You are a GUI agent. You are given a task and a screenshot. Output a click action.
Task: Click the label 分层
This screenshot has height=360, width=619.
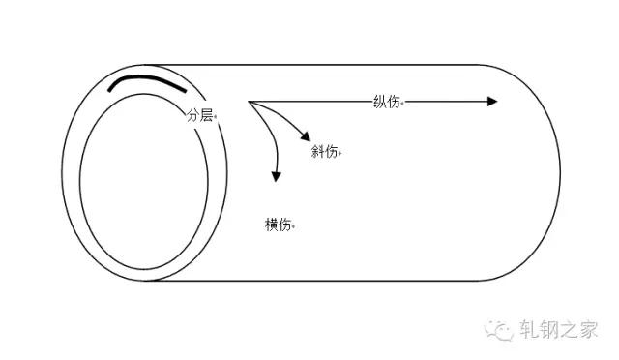tap(199, 115)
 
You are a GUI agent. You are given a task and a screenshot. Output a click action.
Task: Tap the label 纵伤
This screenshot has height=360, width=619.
tap(387, 102)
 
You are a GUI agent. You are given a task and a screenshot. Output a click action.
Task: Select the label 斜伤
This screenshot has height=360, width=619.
tap(324, 151)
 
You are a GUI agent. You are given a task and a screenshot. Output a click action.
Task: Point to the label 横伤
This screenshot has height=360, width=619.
tap(279, 225)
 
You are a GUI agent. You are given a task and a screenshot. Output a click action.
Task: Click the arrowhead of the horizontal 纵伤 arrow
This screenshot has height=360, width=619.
tap(492, 102)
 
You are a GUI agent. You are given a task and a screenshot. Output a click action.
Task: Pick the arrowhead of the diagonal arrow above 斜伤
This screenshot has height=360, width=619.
tap(306, 136)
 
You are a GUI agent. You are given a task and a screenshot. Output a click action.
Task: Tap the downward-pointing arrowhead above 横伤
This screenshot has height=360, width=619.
tap(276, 177)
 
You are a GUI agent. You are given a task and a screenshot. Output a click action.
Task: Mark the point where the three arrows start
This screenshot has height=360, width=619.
tap(249, 102)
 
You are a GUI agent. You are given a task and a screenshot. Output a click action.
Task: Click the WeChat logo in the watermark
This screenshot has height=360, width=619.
tap(499, 329)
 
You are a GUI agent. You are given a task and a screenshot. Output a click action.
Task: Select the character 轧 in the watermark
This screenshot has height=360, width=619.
tap(529, 329)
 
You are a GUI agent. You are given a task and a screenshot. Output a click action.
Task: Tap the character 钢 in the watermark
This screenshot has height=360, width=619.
tap(548, 329)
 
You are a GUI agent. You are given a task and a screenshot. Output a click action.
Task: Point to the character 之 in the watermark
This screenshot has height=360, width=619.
tap(568, 329)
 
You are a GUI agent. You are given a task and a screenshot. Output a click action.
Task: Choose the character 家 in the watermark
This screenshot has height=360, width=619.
tap(588, 329)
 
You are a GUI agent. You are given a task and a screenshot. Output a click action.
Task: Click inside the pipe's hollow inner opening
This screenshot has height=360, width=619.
tap(144, 182)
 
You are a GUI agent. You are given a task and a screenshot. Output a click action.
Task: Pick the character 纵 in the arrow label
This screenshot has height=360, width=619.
tap(380, 102)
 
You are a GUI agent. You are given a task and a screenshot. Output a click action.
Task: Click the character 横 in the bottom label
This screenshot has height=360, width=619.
tap(272, 225)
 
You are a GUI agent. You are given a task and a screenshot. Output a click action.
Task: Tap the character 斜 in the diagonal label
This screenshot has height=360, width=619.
tap(317, 151)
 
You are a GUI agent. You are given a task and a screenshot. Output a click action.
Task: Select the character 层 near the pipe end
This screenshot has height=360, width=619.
tap(206, 115)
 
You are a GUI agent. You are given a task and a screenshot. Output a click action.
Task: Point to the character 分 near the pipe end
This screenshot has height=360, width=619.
tap(192, 115)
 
